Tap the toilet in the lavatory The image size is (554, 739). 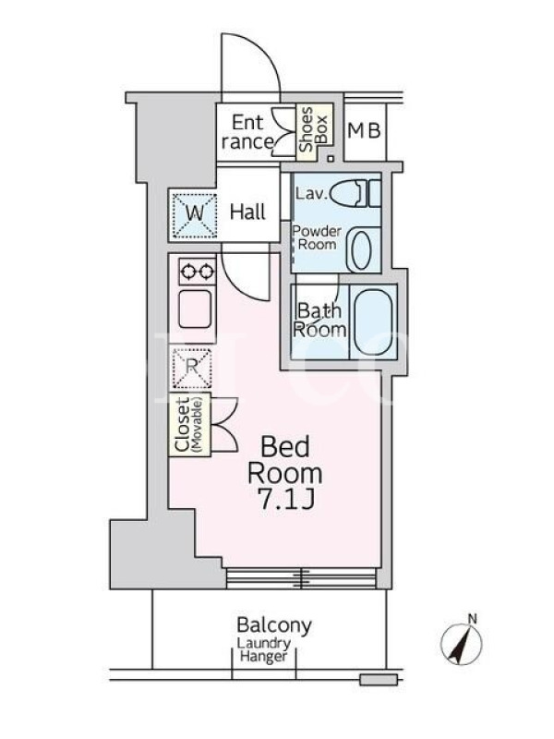pos(355,194)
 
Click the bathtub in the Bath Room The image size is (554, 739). pos(373,321)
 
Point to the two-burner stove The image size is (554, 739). pos(198,272)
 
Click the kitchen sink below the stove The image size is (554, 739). pos(195,309)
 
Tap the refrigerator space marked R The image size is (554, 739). pos(192,369)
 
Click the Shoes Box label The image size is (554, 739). pos(314,128)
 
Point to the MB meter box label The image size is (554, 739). pos(364,130)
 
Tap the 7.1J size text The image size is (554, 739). pos(286,499)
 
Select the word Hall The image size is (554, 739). pos(247,212)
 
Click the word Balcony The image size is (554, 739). pos(274,625)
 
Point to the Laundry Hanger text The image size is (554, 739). pos(264,650)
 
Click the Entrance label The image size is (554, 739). pos(247,132)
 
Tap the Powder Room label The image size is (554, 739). pos(317,238)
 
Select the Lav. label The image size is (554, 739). pos(311,194)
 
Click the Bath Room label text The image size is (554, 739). pos(319,321)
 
